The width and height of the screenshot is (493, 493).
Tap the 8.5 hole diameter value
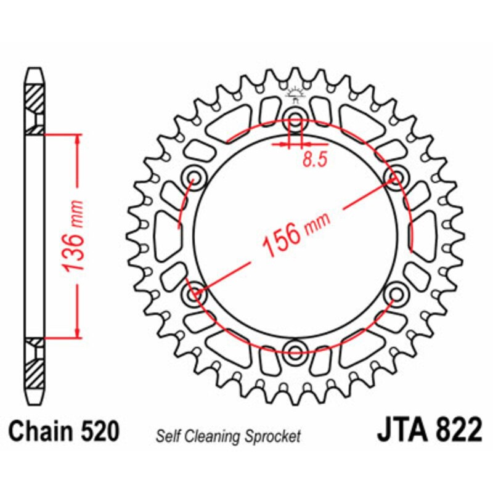pos(314,160)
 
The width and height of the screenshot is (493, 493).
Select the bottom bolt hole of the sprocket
pos(295,352)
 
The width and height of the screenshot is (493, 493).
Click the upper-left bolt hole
pos(195,177)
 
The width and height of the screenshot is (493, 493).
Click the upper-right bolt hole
pos(394,177)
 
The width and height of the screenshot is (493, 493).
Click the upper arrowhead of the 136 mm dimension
pos(76,139)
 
